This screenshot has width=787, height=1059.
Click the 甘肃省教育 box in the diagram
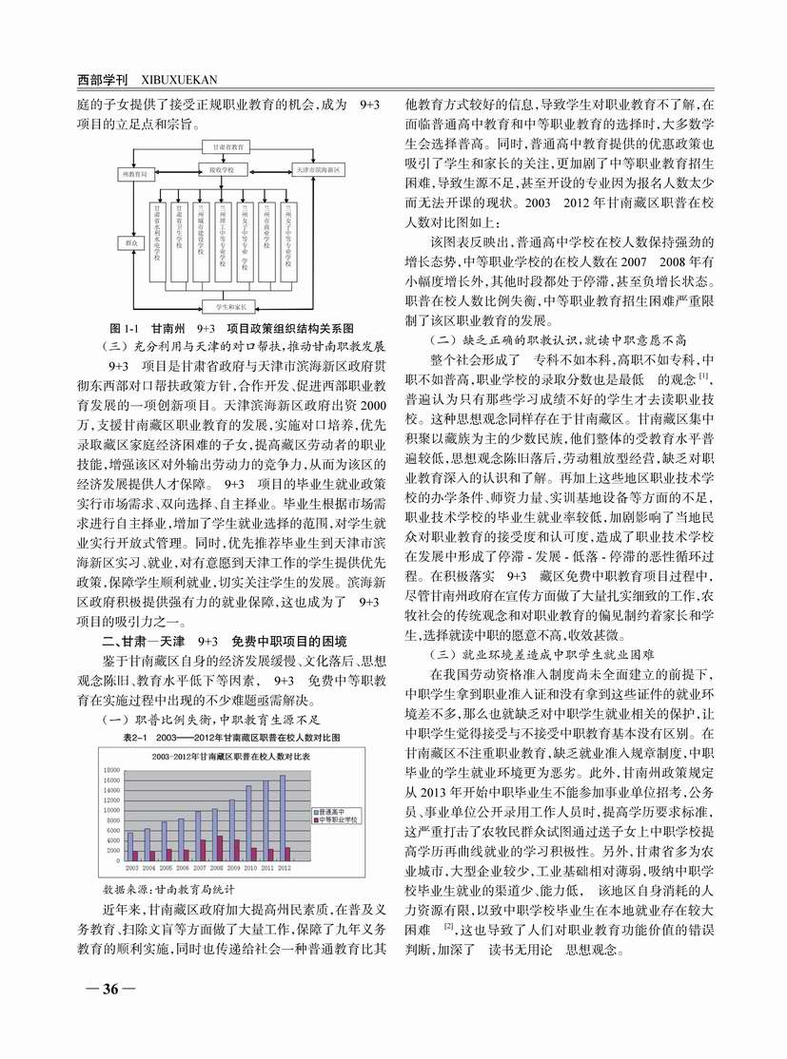[x=225, y=147]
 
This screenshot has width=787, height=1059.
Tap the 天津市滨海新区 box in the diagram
[x=319, y=169]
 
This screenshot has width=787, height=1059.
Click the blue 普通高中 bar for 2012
[x=282, y=818]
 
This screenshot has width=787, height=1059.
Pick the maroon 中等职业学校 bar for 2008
[x=220, y=847]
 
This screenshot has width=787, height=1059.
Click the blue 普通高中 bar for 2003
[x=129, y=846]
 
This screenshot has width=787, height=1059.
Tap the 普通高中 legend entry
[x=332, y=810]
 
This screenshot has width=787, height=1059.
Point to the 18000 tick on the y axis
[x=112, y=769]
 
